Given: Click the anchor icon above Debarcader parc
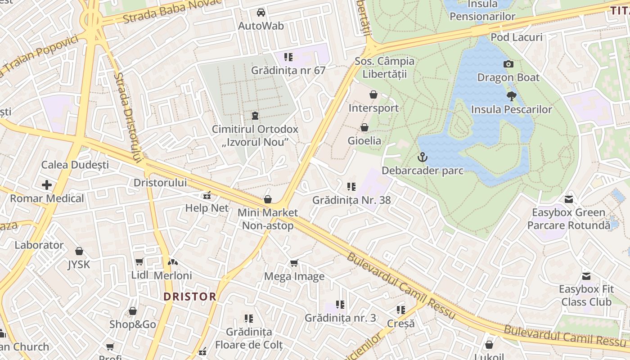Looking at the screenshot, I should coord(422,157).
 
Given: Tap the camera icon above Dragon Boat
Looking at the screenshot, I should coord(508,64).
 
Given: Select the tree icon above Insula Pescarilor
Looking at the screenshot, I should coord(511,96).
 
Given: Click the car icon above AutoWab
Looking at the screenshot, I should coord(261,12).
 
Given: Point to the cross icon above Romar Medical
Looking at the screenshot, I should coord(47,185).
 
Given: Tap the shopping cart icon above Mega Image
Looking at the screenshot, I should coord(294,263).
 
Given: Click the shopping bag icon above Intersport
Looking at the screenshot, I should coord(373,94).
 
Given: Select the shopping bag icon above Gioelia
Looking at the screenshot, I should coord(364,127).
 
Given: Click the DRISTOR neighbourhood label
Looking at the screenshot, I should coord(190,297).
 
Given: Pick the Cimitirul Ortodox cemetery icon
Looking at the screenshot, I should coord(255,116).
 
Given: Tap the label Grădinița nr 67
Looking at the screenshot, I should coord(288,70).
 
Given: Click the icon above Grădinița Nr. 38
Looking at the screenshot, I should coord(351,186).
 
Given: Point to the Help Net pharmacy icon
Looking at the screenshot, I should coord(207,195).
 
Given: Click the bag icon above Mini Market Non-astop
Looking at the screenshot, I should coord(268,199).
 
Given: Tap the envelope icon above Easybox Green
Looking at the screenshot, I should coord(569,199).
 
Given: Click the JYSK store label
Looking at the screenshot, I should coord(79,265).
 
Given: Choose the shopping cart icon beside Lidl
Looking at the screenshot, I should coord(139,262).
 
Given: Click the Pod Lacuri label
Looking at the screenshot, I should coord(516,37).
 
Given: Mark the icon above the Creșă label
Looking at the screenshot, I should coord(400,310).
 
